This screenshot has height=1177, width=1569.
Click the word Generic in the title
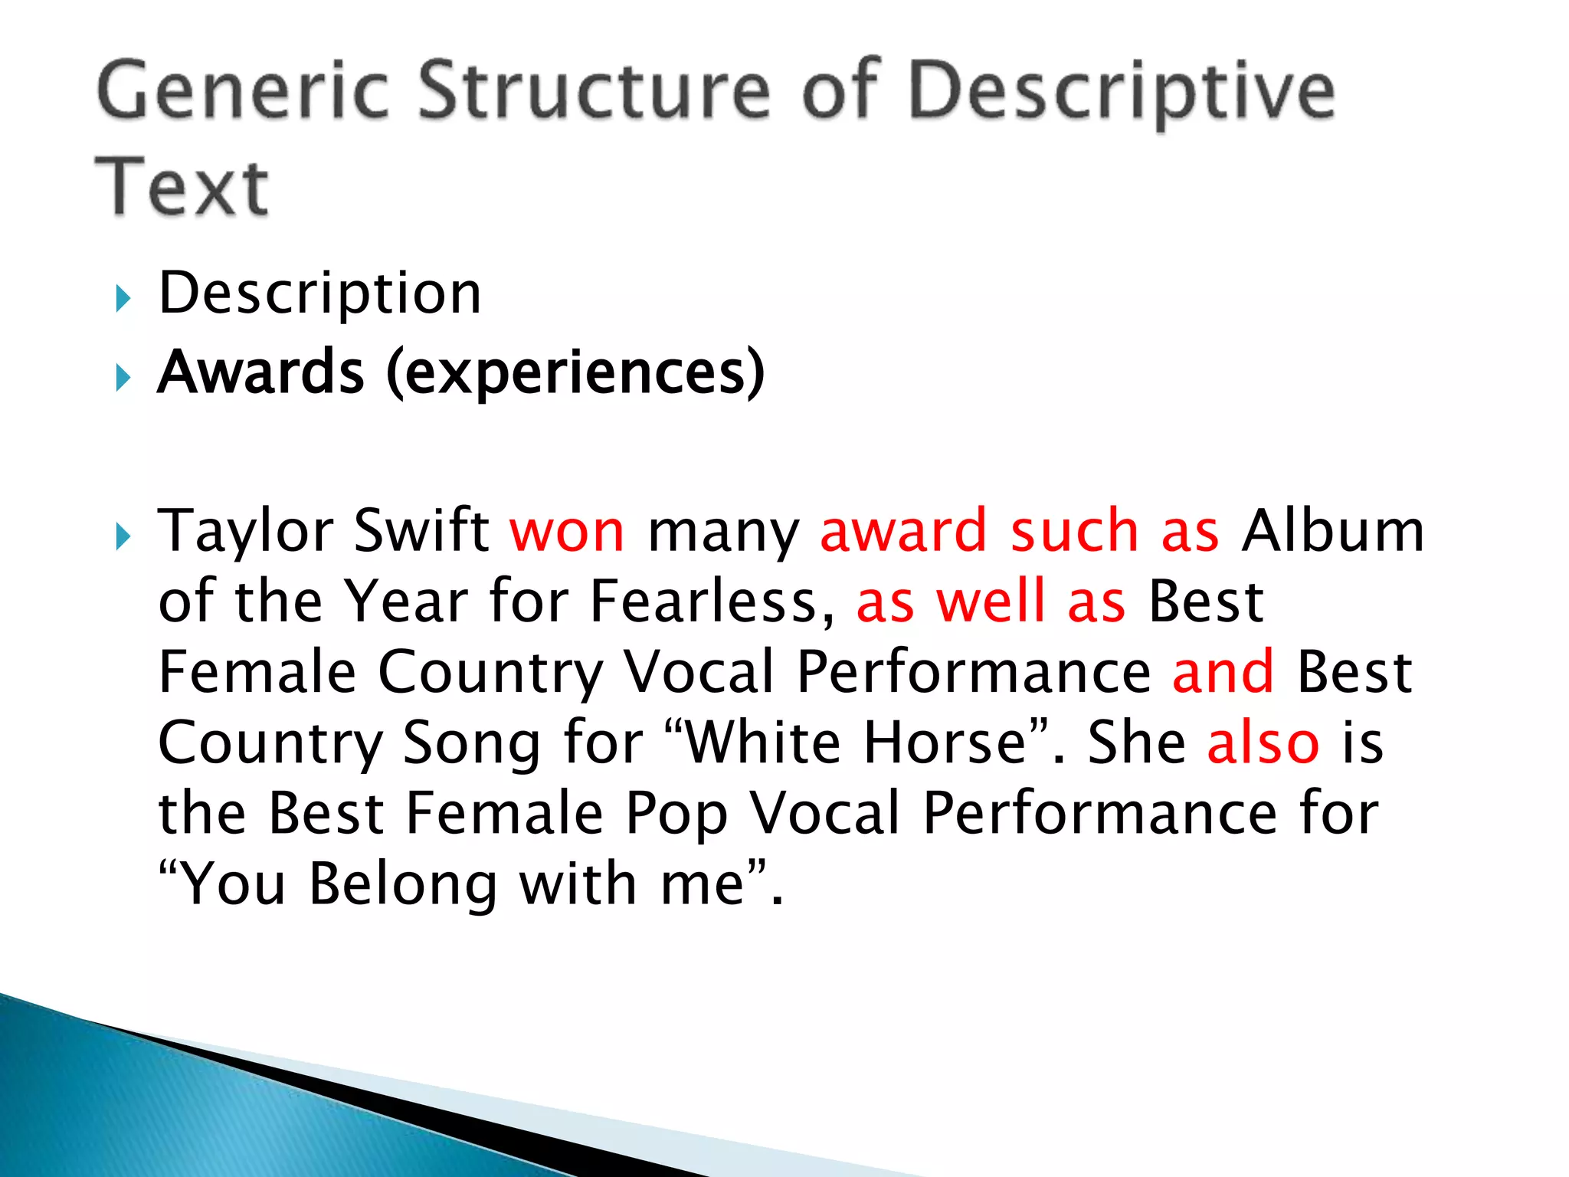pos(244,92)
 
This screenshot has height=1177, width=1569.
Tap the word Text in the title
pos(182,187)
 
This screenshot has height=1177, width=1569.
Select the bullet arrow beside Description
pos(123,298)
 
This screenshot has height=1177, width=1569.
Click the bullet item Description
pos(319,294)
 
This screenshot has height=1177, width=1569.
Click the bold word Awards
pos(260,372)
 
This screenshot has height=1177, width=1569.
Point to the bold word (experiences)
pos(575,373)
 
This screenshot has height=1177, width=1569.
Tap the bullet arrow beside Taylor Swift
pos(123,536)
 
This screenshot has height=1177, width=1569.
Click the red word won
pos(568,532)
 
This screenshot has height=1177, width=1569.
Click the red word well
pos(991,602)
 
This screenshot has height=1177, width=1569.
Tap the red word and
pos(1223,672)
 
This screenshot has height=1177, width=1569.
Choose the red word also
pos(1263,743)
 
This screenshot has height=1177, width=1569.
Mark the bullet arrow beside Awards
pos(123,377)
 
